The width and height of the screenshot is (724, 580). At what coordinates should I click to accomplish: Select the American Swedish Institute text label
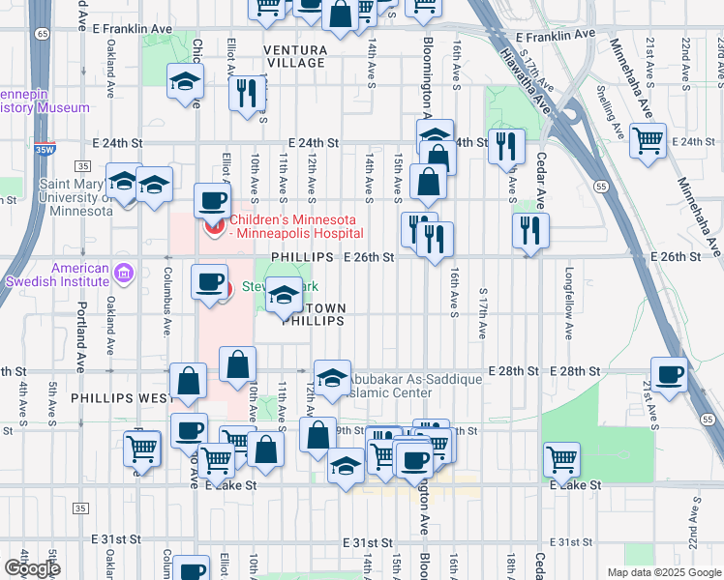(x=80, y=275)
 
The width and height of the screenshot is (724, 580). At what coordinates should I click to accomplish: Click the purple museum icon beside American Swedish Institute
(x=123, y=275)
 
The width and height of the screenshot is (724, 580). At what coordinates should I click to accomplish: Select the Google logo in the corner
(x=32, y=567)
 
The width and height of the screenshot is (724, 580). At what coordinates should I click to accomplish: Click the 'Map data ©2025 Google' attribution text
(x=664, y=572)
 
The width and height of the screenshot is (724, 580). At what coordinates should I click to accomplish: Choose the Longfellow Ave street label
(x=570, y=303)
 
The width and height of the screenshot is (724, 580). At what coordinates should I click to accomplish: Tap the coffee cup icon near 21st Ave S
(x=670, y=375)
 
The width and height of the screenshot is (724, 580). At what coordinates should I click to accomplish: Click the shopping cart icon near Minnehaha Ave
(x=648, y=141)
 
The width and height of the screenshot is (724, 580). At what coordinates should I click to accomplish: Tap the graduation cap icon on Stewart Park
(x=284, y=297)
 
